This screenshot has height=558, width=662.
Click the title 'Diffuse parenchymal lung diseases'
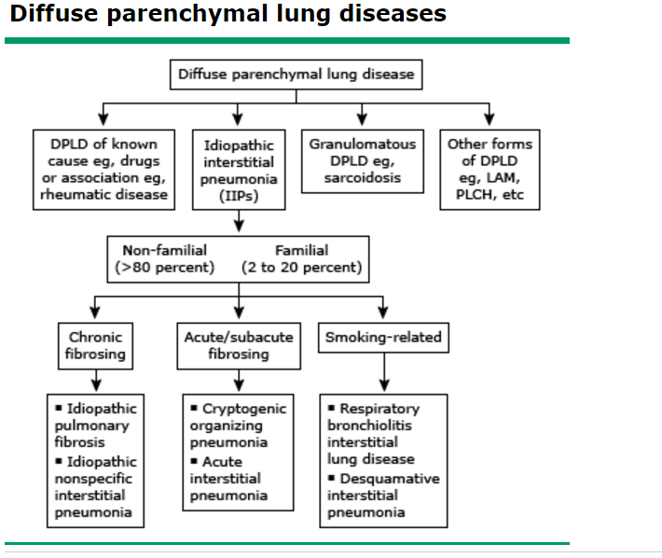228,15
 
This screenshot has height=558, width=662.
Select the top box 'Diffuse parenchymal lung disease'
296,74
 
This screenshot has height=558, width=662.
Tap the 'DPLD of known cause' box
103,169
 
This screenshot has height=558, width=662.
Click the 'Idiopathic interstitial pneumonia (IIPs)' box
237,169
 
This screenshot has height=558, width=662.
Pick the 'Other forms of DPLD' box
490,169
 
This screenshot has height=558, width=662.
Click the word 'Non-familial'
164,250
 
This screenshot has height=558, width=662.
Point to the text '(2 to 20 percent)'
301,268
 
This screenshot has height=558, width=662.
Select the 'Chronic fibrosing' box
95,345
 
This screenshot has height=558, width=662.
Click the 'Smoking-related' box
382,337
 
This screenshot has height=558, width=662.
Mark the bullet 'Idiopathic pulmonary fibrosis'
95,425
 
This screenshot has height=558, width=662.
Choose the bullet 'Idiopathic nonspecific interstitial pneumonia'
95,487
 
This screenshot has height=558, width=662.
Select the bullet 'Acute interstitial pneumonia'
232,479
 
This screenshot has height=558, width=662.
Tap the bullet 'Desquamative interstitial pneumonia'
382,495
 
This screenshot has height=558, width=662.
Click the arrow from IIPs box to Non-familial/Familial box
239,222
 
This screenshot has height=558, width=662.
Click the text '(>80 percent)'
164,268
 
